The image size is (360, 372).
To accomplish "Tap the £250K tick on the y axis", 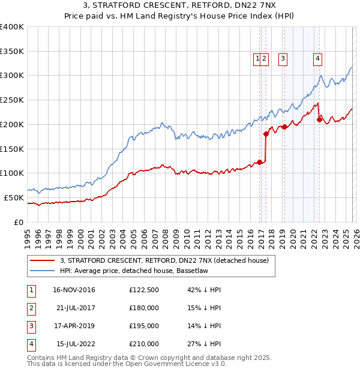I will [x=12, y=100].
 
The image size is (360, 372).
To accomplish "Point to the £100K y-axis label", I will [x=12, y=173].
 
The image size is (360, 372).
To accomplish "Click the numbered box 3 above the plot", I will [x=282, y=58].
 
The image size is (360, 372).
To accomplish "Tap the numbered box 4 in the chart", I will [x=317, y=58].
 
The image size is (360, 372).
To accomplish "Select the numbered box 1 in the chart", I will [x=257, y=58].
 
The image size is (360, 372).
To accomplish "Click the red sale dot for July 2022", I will [x=319, y=119].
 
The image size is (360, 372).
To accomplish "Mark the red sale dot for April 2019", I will [x=284, y=126].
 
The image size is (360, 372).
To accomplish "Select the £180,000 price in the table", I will [x=144, y=308].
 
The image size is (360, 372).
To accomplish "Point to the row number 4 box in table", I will [x=31, y=344].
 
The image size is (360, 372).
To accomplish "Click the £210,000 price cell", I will [x=144, y=344].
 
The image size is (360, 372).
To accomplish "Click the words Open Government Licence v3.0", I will [x=179, y=364].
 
